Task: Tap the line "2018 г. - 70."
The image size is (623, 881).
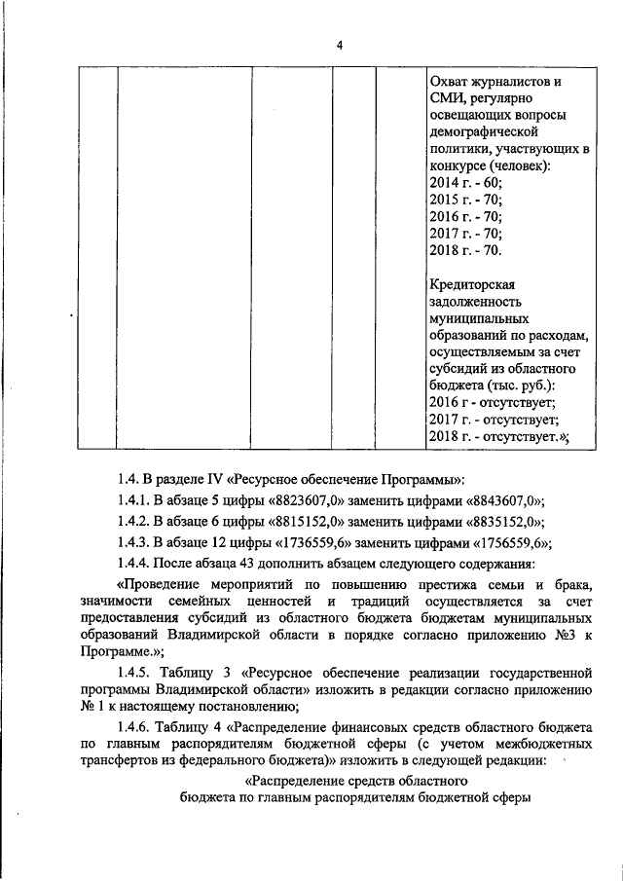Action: point(465,250)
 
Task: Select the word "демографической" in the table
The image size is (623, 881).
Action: point(484,131)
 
